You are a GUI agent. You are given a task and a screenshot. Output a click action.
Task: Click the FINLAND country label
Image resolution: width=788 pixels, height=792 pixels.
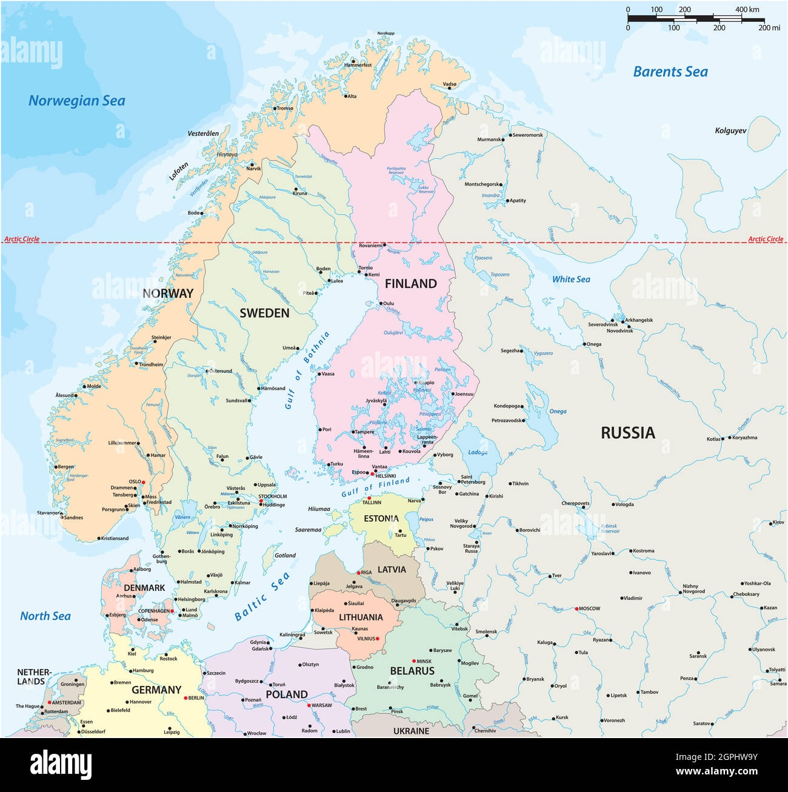(410, 284)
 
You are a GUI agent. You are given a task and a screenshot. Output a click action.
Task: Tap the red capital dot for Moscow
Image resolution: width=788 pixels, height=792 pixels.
(576, 608)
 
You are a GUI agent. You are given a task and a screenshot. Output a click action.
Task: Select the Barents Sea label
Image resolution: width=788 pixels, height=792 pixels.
(670, 72)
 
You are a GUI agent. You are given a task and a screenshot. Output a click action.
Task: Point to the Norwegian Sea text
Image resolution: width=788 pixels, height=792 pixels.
(77, 101)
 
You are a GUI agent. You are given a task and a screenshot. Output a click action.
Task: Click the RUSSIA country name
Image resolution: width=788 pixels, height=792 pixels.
(628, 433)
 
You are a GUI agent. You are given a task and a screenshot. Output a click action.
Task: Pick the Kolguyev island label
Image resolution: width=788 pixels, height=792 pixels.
(730, 131)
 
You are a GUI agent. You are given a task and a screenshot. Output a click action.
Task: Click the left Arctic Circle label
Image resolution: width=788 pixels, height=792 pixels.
(22, 239)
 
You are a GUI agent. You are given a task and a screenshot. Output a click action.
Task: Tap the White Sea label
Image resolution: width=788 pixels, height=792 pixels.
(570, 279)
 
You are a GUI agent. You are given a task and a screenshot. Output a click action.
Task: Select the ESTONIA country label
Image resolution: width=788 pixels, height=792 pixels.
(381, 519)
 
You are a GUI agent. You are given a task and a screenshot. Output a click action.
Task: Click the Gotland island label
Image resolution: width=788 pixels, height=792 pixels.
(285, 555)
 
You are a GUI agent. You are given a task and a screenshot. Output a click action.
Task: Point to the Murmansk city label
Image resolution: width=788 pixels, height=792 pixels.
(489, 139)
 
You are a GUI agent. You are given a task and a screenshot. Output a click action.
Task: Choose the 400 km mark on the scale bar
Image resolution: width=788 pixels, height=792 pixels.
(747, 10)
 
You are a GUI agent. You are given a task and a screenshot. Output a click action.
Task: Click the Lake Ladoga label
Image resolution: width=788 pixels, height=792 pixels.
(478, 452)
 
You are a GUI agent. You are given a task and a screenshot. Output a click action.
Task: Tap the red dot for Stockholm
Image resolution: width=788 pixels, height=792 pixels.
(261, 501)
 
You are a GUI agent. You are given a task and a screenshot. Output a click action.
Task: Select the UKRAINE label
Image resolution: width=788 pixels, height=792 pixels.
(411, 731)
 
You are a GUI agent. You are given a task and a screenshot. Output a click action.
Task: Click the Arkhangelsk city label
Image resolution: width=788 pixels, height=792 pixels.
(639, 320)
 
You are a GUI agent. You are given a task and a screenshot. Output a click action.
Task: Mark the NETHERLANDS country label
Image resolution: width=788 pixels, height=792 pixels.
(33, 676)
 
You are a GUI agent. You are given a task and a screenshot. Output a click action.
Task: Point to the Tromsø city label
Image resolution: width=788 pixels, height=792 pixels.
(285, 108)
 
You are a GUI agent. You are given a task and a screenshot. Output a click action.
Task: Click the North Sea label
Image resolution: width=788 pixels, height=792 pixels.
(45, 616)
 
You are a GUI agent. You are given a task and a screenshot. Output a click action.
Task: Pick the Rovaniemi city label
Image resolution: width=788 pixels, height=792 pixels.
(371, 245)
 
